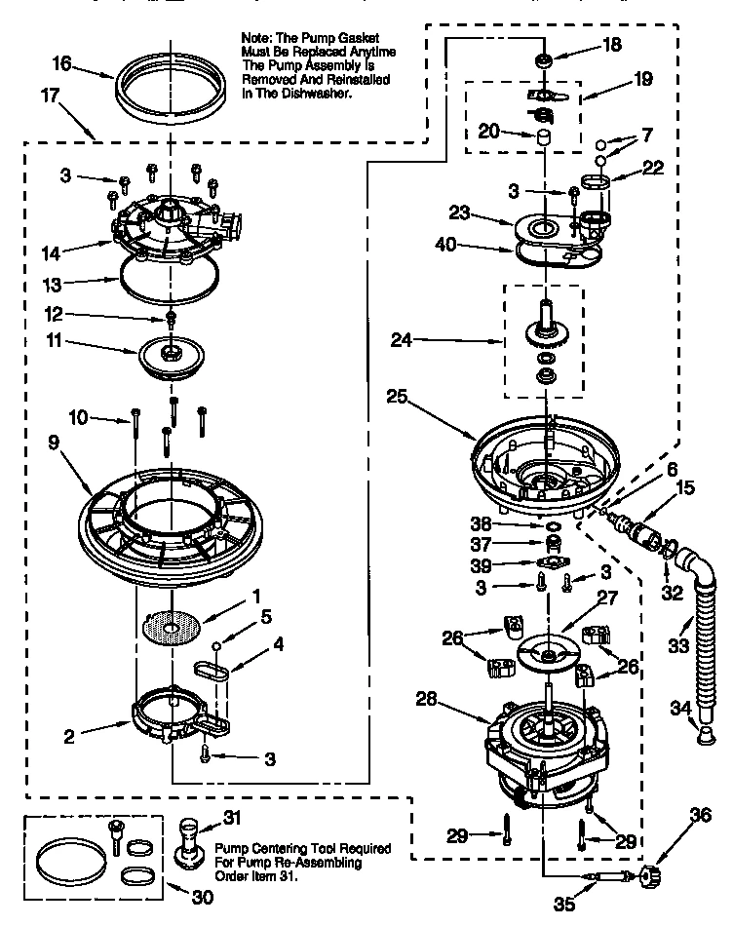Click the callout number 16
click(x=61, y=63)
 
